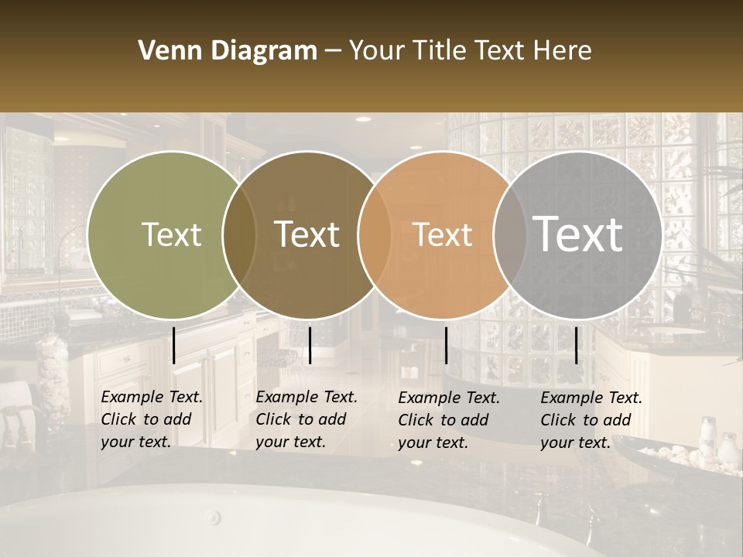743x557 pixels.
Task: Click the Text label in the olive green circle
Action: tap(171, 234)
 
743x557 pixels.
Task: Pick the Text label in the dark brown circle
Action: tap(307, 234)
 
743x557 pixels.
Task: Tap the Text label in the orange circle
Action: tap(443, 234)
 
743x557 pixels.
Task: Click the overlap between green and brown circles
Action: tap(239, 234)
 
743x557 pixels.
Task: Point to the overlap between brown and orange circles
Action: tap(375, 234)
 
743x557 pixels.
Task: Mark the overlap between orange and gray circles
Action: tap(510, 234)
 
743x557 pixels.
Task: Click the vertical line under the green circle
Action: tap(174, 345)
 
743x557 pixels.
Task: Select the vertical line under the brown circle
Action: tap(310, 345)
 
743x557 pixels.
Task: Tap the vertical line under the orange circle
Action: tap(446, 345)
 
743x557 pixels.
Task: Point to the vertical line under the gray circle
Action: tap(576, 345)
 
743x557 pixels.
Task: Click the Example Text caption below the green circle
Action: tap(152, 419)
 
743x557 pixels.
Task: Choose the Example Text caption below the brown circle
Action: tap(306, 419)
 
